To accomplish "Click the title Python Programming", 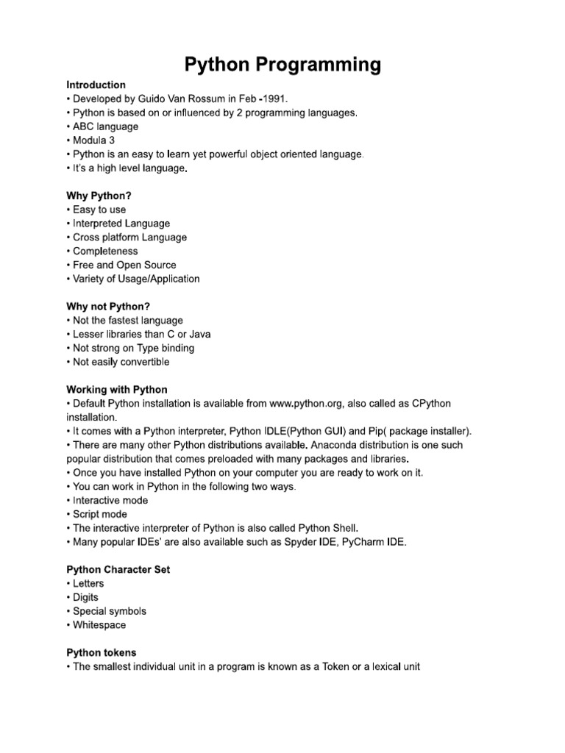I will [282, 65].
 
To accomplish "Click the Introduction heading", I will [96, 85].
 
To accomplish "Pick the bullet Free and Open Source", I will [124, 265].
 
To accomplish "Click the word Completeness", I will [105, 251].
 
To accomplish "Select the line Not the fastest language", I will [127, 321].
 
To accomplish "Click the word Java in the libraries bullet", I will [200, 334].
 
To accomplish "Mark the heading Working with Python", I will [117, 390].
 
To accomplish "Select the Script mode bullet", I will [99, 514].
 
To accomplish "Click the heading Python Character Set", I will [118, 569].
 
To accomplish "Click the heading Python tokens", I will [102, 652].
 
